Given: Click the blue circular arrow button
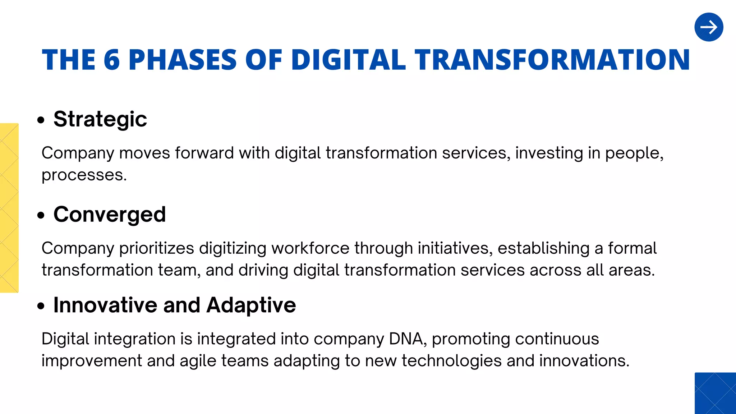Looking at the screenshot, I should [709, 27].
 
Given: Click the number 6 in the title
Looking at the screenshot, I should [111, 60].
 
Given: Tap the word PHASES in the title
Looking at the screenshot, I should [183, 60].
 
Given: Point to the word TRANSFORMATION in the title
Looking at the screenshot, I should [552, 60].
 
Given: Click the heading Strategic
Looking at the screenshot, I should [100, 119].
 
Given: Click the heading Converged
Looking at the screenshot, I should [110, 215].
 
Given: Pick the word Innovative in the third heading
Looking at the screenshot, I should [105, 305].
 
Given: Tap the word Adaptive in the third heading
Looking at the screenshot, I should [251, 305].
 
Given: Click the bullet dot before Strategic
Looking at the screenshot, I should [41, 120].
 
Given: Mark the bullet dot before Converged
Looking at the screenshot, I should [41, 215].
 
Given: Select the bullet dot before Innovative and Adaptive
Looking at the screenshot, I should [41, 306].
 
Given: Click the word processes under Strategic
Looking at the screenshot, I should [84, 175].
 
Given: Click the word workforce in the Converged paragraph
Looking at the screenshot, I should [310, 248].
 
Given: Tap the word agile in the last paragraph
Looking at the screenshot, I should [198, 361].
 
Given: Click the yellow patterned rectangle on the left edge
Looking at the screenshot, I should [9, 208].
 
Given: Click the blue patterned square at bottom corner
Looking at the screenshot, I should [715, 393].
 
